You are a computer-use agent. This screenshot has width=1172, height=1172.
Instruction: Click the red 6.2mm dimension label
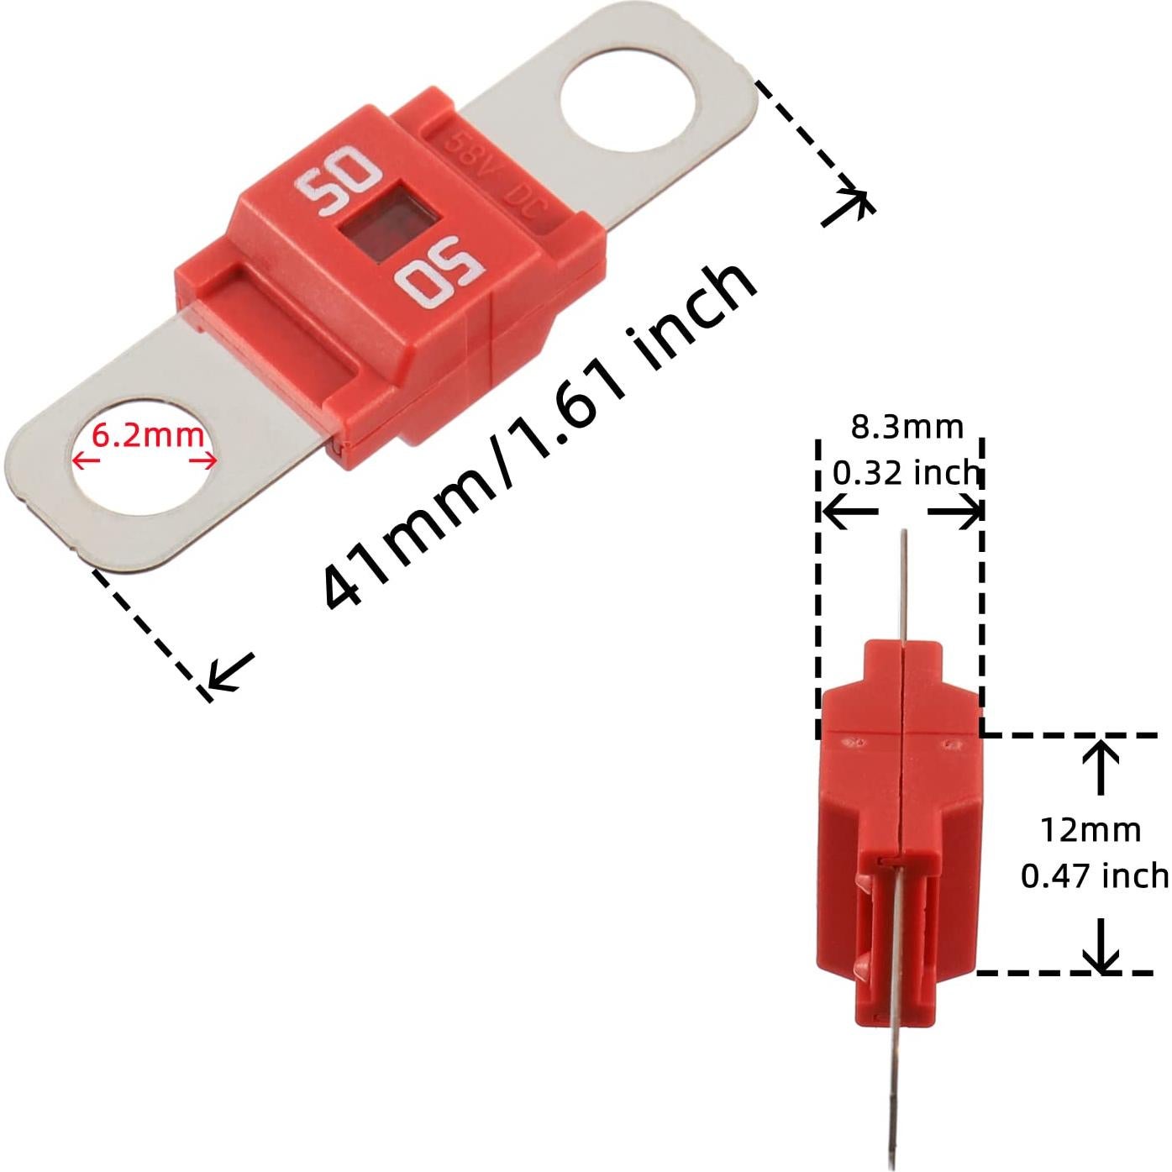147,435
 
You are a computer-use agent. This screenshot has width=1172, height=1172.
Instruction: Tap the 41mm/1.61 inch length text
538,437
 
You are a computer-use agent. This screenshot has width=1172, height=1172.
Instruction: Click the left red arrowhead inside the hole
78,460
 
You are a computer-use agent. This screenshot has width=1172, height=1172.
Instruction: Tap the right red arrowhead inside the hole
210,460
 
